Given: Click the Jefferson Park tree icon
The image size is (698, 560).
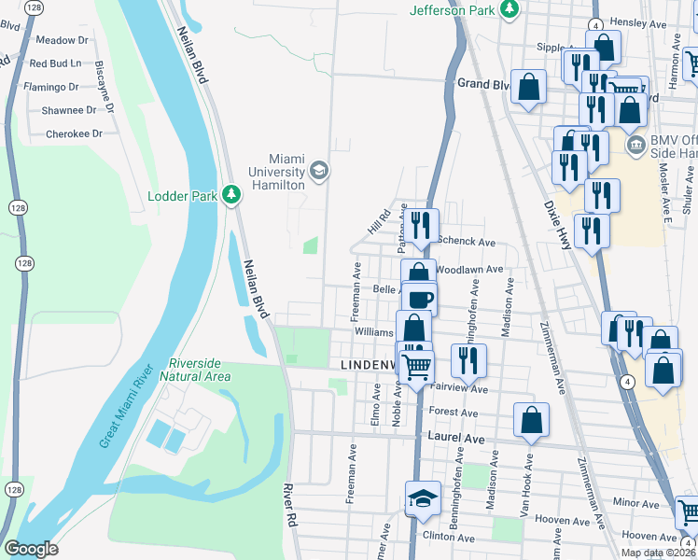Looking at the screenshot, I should [x=509, y=9].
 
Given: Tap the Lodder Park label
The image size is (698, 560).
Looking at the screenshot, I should [x=182, y=196].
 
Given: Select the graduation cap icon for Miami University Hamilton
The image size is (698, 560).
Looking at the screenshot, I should [x=319, y=169].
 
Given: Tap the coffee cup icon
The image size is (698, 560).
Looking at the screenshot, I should [x=420, y=299].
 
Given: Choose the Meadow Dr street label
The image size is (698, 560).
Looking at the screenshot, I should [x=61, y=40].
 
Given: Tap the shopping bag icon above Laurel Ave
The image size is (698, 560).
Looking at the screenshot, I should [x=531, y=420].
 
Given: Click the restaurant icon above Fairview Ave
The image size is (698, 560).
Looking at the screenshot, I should [x=468, y=359].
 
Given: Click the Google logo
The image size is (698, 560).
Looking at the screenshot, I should [x=32, y=549].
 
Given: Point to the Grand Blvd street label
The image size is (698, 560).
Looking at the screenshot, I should [x=482, y=83].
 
